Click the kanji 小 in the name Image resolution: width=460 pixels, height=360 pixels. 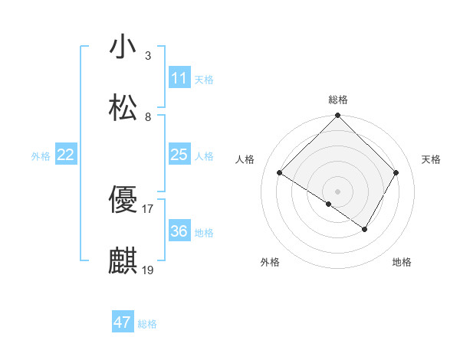[123, 47]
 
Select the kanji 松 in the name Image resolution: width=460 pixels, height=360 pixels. [123, 108]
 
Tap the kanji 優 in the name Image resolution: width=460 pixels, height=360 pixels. [123, 200]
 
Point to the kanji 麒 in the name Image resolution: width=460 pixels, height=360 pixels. [123, 261]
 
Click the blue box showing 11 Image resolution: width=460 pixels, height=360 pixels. [179, 77]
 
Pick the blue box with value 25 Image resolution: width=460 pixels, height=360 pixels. [179, 155]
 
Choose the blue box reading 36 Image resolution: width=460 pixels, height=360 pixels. [179, 231]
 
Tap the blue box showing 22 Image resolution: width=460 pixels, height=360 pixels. [66, 155]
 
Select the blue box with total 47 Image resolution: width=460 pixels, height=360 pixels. [123, 322]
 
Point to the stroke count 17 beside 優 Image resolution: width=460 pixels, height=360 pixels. [148, 208]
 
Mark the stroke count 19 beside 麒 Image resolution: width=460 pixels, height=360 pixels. [148, 270]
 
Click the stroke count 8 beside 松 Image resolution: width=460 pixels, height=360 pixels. [148, 116]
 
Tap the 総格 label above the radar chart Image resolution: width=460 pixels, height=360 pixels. [338, 100]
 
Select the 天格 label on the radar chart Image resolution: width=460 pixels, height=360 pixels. [431, 159]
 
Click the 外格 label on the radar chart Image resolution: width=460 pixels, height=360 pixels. [270, 262]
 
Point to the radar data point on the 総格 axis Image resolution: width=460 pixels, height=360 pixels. [338, 116]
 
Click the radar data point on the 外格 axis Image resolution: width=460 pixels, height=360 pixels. [329, 204]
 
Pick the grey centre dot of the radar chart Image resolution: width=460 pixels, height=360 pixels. [338, 191]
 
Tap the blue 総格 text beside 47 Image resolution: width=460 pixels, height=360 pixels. [147, 324]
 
